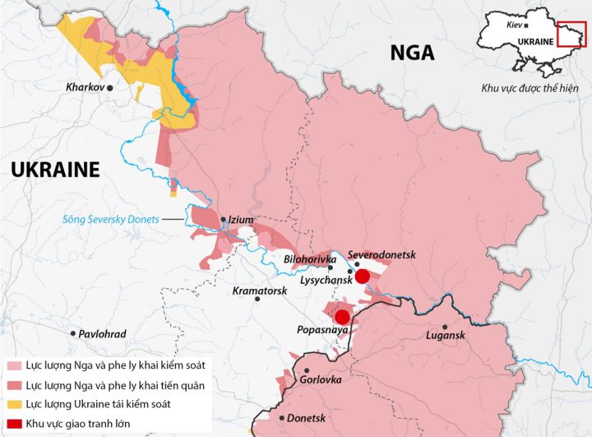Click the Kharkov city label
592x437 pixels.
pos(85,86)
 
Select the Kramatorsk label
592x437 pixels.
pos(259,291)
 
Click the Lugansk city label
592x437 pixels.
pos(446,335)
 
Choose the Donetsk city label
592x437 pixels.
pos(307,418)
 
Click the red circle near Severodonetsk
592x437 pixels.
pos(362,276)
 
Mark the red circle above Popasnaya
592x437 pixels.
pos(342,316)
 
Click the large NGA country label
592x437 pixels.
pos(412,53)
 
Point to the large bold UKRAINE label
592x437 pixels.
pos(55,170)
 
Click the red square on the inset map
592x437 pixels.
pos(571,35)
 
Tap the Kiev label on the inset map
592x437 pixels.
pos(515,25)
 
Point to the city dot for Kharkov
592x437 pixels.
pos(110,86)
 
